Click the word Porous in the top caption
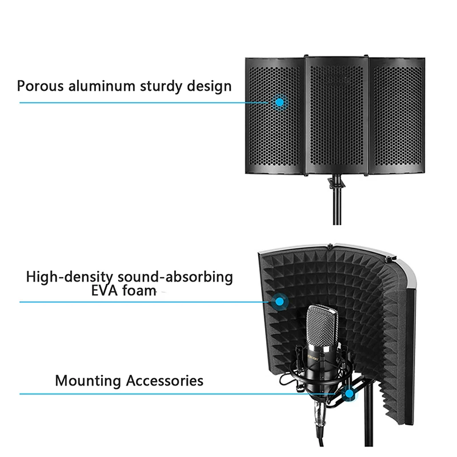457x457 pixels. coord(40,86)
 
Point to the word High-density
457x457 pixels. coord(69,277)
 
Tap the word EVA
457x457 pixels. coord(104,291)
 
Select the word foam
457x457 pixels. coord(139,291)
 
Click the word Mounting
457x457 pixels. coord(88,381)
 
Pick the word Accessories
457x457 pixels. coord(165,380)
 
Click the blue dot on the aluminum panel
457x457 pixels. coord(279,102)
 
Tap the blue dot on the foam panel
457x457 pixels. coord(279,302)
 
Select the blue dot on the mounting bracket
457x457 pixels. coord(349,394)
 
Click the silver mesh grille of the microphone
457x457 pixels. coord(322,326)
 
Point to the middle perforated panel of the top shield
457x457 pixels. coord(337,115)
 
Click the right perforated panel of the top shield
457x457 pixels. coord(397,116)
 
